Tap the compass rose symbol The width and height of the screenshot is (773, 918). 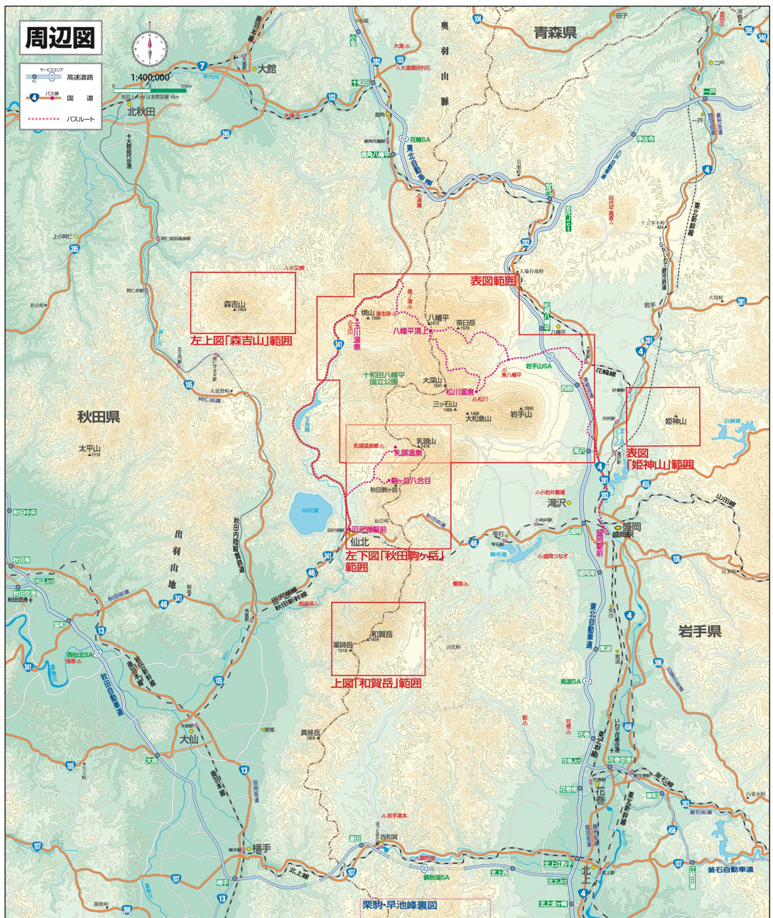click(148, 48)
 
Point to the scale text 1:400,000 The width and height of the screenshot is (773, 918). click(152, 77)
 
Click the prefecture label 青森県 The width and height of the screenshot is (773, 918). click(556, 32)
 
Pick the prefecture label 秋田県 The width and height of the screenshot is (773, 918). click(98, 417)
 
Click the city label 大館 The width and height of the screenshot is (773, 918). click(267, 69)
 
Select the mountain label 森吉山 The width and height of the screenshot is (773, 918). click(234, 304)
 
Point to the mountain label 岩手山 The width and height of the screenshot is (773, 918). click(523, 414)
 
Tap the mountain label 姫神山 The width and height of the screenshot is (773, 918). click(676, 421)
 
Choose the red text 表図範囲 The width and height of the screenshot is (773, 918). click(493, 282)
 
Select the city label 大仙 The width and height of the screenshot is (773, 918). click(189, 739)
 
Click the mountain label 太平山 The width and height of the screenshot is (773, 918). click(90, 447)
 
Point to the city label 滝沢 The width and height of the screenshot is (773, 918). click(557, 502)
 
